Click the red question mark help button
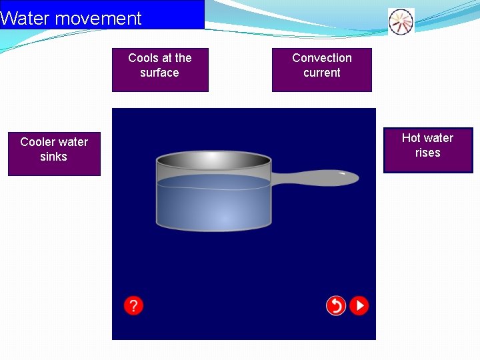click(133, 305)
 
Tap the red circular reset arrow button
click(336, 305)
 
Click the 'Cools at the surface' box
click(160, 69)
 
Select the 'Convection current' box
click(321, 69)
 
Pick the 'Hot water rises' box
click(428, 150)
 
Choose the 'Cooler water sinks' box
click(54, 153)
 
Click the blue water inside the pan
click(213, 203)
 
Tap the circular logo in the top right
click(401, 21)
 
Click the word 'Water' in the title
click(25, 19)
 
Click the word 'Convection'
click(322, 58)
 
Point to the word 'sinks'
click(53, 157)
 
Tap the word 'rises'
click(427, 153)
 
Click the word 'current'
click(322, 73)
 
